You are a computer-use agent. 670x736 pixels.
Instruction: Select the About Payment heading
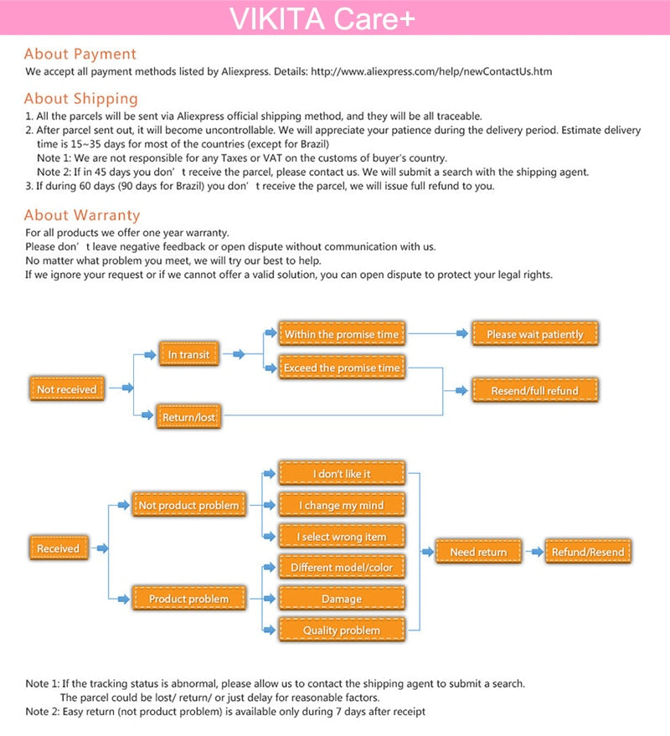click(80, 54)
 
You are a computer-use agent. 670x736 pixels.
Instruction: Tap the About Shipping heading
click(80, 98)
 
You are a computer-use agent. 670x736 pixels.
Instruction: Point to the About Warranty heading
click(82, 215)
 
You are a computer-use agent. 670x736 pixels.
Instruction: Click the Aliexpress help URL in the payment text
click(431, 72)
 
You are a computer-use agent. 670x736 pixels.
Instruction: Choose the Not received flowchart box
click(66, 389)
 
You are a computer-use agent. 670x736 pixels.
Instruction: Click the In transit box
click(188, 354)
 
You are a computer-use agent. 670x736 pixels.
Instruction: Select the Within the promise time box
click(341, 334)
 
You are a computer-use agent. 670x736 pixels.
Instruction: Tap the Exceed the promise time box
click(341, 368)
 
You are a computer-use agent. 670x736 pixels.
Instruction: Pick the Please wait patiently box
click(534, 334)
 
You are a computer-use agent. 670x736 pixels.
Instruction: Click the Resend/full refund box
click(534, 390)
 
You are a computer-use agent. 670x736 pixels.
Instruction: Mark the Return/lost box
click(188, 416)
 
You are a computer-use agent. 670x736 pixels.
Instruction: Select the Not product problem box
click(188, 505)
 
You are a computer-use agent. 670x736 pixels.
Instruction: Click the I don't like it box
click(341, 474)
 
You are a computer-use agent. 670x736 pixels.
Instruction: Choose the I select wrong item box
click(341, 537)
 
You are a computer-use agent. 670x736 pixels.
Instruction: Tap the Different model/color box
click(341, 568)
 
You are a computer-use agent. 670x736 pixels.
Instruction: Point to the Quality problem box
click(341, 630)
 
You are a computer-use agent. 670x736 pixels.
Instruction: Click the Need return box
click(478, 552)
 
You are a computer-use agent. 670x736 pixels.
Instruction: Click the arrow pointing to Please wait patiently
click(461, 334)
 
